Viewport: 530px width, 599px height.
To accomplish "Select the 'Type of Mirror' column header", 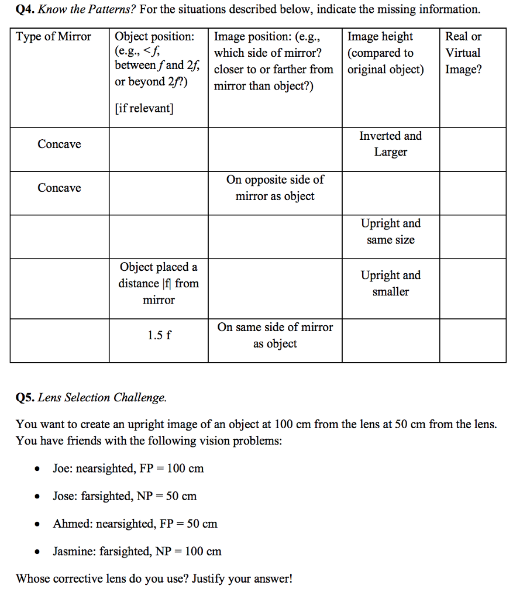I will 54,37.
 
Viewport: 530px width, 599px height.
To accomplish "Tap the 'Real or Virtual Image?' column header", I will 463,53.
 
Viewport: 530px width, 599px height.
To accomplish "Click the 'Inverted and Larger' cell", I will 390,144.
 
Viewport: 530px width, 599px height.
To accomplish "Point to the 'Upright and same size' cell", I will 390,232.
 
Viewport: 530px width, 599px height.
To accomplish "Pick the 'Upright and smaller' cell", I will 390,283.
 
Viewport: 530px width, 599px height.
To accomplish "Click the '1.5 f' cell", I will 159,336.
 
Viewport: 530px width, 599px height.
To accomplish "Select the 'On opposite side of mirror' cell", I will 275,188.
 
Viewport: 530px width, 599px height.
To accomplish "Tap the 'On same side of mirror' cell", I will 275,335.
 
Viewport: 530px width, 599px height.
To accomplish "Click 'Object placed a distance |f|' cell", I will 159,283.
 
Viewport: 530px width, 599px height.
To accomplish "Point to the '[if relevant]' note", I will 144,109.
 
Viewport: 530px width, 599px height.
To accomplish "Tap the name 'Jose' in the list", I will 64,496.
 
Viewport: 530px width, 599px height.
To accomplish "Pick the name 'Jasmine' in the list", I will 73,551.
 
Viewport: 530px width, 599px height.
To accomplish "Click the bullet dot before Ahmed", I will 37,524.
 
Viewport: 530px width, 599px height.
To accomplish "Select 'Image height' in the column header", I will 380,37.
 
